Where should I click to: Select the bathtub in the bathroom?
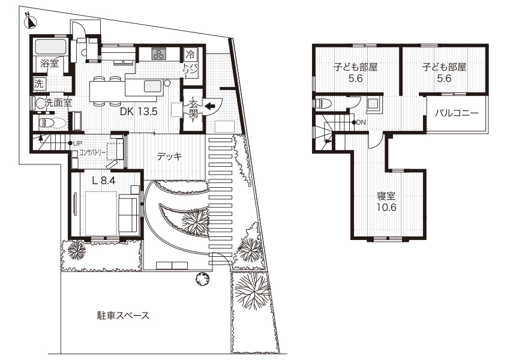coord(50,47)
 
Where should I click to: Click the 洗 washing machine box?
coord(39,83)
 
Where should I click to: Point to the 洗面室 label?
coord(58,103)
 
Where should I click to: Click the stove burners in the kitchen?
coord(160,54)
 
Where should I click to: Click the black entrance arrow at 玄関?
coord(209,107)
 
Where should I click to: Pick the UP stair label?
coord(78,143)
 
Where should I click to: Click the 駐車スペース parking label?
coord(123,315)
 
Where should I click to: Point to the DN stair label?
coord(362,123)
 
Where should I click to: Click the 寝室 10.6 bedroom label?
coord(386,202)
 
